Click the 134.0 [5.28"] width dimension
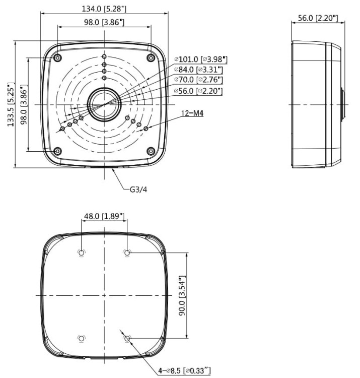(x=104, y=9)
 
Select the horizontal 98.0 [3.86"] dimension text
(x=104, y=22)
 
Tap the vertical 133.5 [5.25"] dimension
(x=11, y=104)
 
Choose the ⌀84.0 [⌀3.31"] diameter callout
(x=198, y=70)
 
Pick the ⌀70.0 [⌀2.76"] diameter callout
(x=198, y=80)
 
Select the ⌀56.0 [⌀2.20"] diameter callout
(x=198, y=91)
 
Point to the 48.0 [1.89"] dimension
(x=104, y=216)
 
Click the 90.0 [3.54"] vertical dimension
(x=182, y=295)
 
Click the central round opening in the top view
(x=104, y=104)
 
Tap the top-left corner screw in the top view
(x=58, y=58)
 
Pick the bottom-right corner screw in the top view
(x=151, y=151)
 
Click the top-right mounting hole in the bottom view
(x=127, y=253)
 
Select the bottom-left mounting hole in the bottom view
(x=82, y=338)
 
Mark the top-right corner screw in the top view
(x=151, y=58)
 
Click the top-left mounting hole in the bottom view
(x=82, y=253)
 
